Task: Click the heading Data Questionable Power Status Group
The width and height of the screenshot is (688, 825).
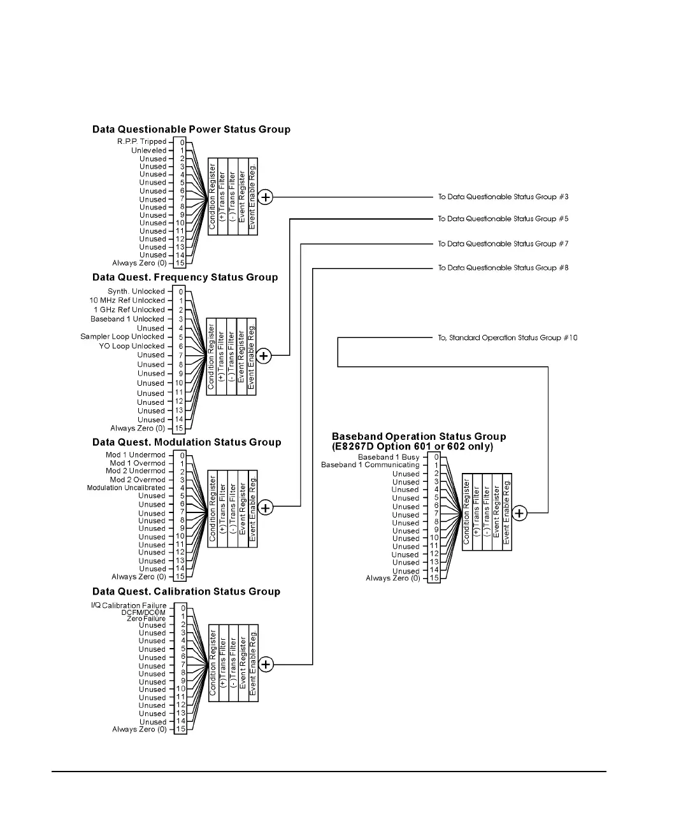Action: coord(191,130)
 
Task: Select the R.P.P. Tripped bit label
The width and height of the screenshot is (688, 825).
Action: coord(141,142)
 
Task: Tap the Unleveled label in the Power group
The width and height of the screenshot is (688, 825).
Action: coord(148,151)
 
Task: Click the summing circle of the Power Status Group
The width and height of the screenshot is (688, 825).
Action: coord(266,197)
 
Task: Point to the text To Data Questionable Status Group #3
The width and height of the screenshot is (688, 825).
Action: coord(503,197)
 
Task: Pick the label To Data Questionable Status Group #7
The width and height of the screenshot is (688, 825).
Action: coord(503,244)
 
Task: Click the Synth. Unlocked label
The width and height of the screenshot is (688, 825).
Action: coord(136,292)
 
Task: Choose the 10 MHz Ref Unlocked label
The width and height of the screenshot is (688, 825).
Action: coord(127,300)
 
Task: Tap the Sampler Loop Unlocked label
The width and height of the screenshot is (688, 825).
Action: coord(122,337)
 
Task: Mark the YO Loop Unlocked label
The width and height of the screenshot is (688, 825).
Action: coord(132,346)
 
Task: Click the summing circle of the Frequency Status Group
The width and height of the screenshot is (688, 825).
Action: coord(264,356)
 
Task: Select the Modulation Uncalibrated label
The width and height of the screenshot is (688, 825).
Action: coord(126,488)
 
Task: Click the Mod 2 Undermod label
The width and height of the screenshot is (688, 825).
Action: coord(136,471)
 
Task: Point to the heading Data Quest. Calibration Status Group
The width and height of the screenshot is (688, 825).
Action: coord(186,592)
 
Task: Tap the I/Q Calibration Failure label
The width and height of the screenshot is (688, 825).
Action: coord(129,605)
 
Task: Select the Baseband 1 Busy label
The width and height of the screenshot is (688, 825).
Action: coord(389,457)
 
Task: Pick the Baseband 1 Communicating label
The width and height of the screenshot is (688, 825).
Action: coord(370,465)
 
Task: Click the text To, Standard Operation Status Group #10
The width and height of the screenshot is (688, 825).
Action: coord(507,338)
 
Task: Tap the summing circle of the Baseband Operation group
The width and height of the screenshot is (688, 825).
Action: coord(520,513)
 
